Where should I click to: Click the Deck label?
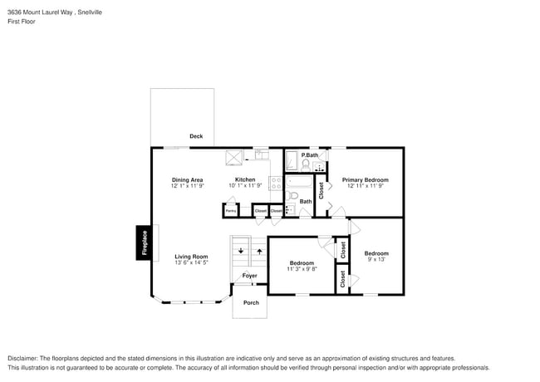(195, 136)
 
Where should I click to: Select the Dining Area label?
(187, 179)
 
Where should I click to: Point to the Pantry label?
(231, 211)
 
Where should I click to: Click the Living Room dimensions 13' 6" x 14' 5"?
(190, 263)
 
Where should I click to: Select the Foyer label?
(249, 276)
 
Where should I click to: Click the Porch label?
(250, 302)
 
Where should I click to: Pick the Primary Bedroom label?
(365, 179)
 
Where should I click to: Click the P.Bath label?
(310, 155)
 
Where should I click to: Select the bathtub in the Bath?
(298, 184)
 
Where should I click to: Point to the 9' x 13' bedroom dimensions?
(376, 260)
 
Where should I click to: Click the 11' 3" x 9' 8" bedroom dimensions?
(302, 269)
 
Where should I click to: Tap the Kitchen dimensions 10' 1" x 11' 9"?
(244, 186)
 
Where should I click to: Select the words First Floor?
(20, 22)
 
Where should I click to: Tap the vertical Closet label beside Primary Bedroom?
(321, 190)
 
